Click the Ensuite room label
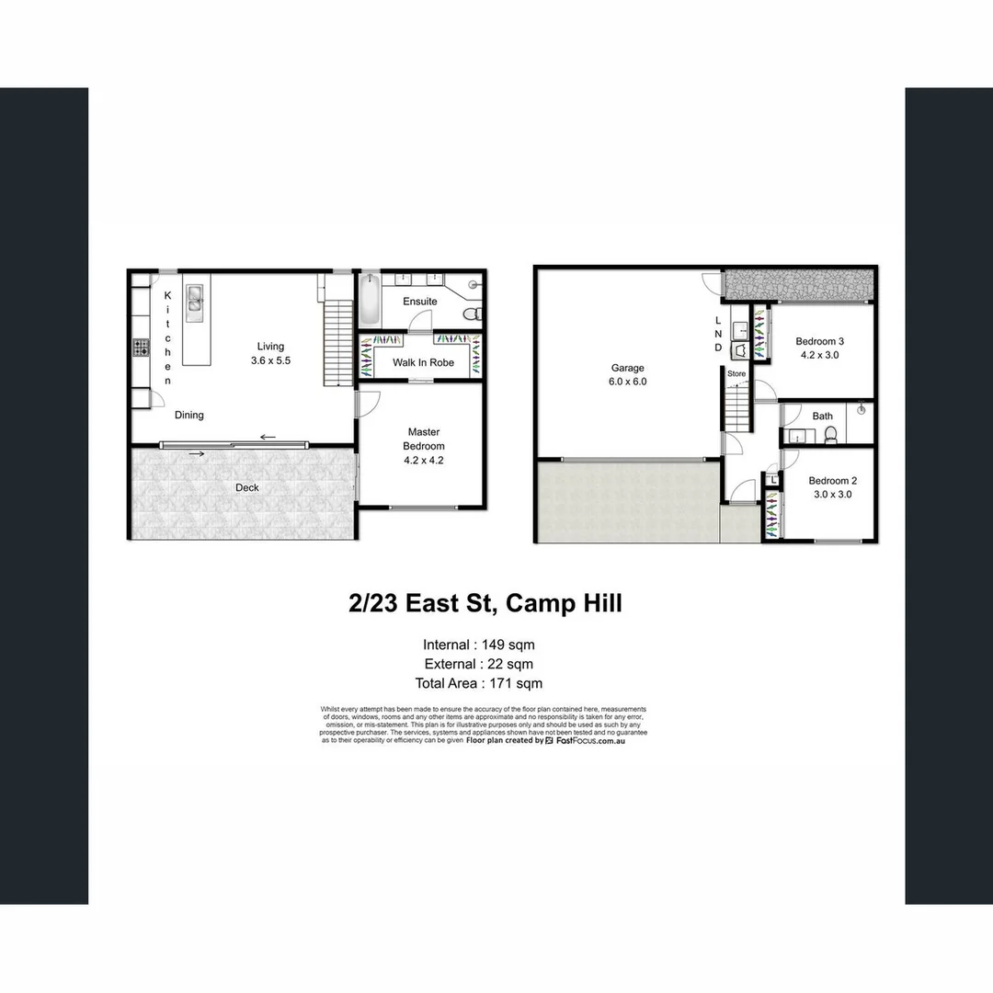point(420,302)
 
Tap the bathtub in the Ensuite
point(369,300)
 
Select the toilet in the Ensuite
point(472,314)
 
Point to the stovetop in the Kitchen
point(142,348)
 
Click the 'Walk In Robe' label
point(423,362)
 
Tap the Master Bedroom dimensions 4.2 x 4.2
point(423,461)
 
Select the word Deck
point(247,487)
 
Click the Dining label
point(189,416)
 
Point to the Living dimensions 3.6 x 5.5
point(270,361)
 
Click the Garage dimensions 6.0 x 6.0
point(628,381)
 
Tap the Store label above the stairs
point(736,374)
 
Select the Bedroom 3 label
point(820,341)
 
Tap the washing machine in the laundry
point(738,350)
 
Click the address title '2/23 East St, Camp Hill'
point(485,604)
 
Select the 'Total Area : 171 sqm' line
point(478,683)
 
